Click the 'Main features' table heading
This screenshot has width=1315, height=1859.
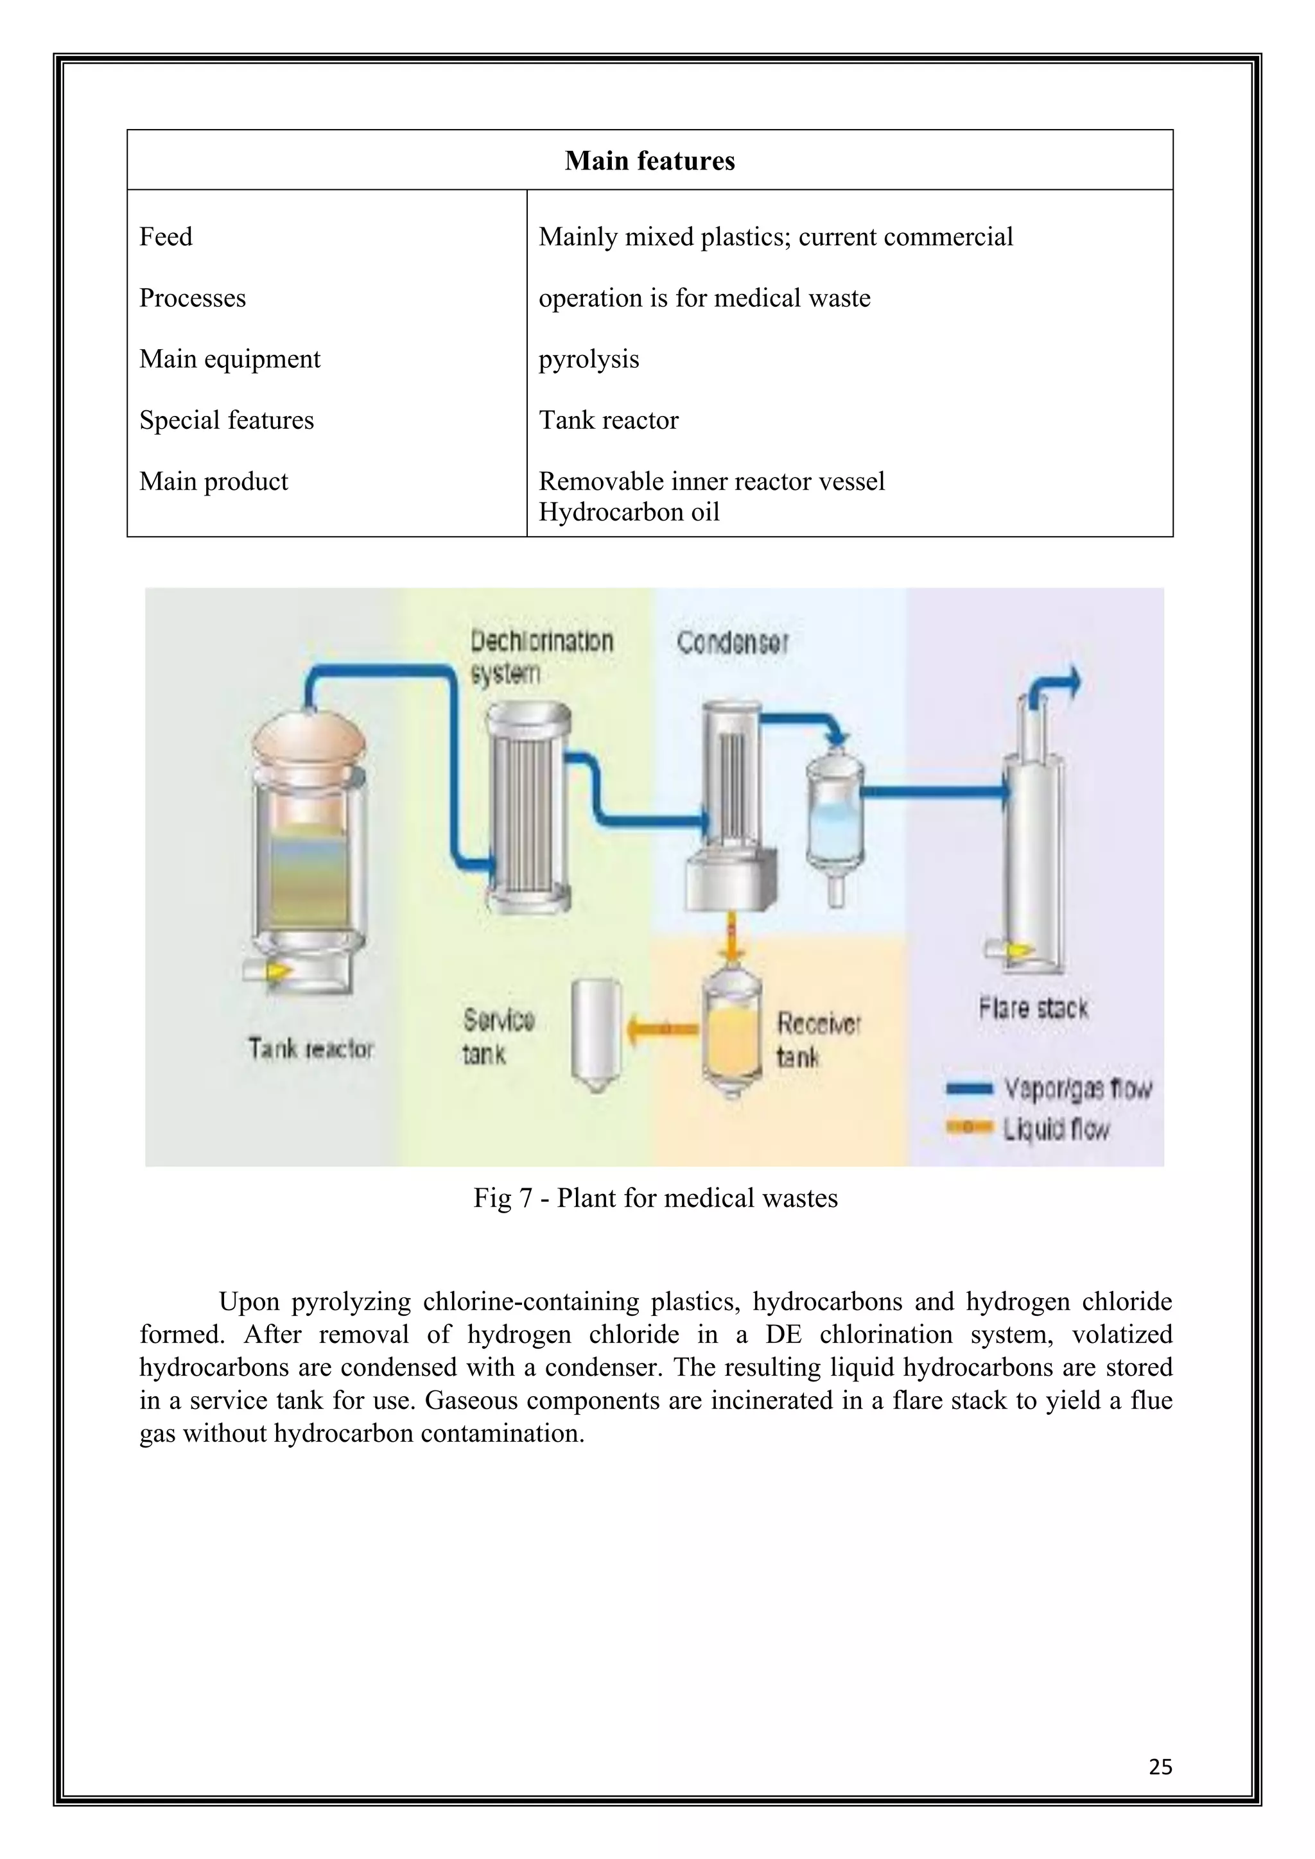pyautogui.click(x=649, y=160)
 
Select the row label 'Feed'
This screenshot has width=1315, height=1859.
pyautogui.click(x=166, y=238)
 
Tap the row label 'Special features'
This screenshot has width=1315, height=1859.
pyautogui.click(x=226, y=420)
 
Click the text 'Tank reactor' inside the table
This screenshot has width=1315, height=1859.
pyautogui.click(x=608, y=420)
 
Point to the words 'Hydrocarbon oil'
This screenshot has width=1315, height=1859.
pyautogui.click(x=629, y=512)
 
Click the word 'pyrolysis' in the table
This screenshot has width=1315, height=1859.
pyautogui.click(x=589, y=359)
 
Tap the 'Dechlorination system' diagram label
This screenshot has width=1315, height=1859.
pyautogui.click(x=541, y=657)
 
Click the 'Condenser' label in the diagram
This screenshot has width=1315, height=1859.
pyautogui.click(x=732, y=643)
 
